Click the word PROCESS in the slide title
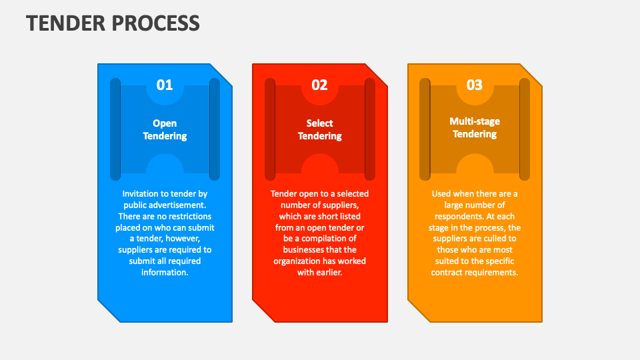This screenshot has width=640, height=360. pyautogui.click(x=156, y=23)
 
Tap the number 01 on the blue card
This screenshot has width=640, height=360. pyautogui.click(x=165, y=85)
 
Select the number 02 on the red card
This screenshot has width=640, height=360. pyautogui.click(x=319, y=85)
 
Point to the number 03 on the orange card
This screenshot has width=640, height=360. pyautogui.click(x=474, y=85)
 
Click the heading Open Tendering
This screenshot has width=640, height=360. pyautogui.click(x=165, y=129)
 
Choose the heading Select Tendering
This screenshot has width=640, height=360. pyautogui.click(x=319, y=129)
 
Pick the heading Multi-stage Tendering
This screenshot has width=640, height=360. pyautogui.click(x=474, y=127)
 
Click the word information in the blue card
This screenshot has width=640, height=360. pyautogui.click(x=165, y=273)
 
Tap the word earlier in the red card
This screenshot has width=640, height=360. pyautogui.click(x=329, y=273)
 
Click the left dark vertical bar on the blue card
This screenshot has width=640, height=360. pyautogui.click(x=115, y=129)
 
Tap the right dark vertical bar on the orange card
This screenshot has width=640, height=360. pyautogui.click(x=525, y=129)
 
